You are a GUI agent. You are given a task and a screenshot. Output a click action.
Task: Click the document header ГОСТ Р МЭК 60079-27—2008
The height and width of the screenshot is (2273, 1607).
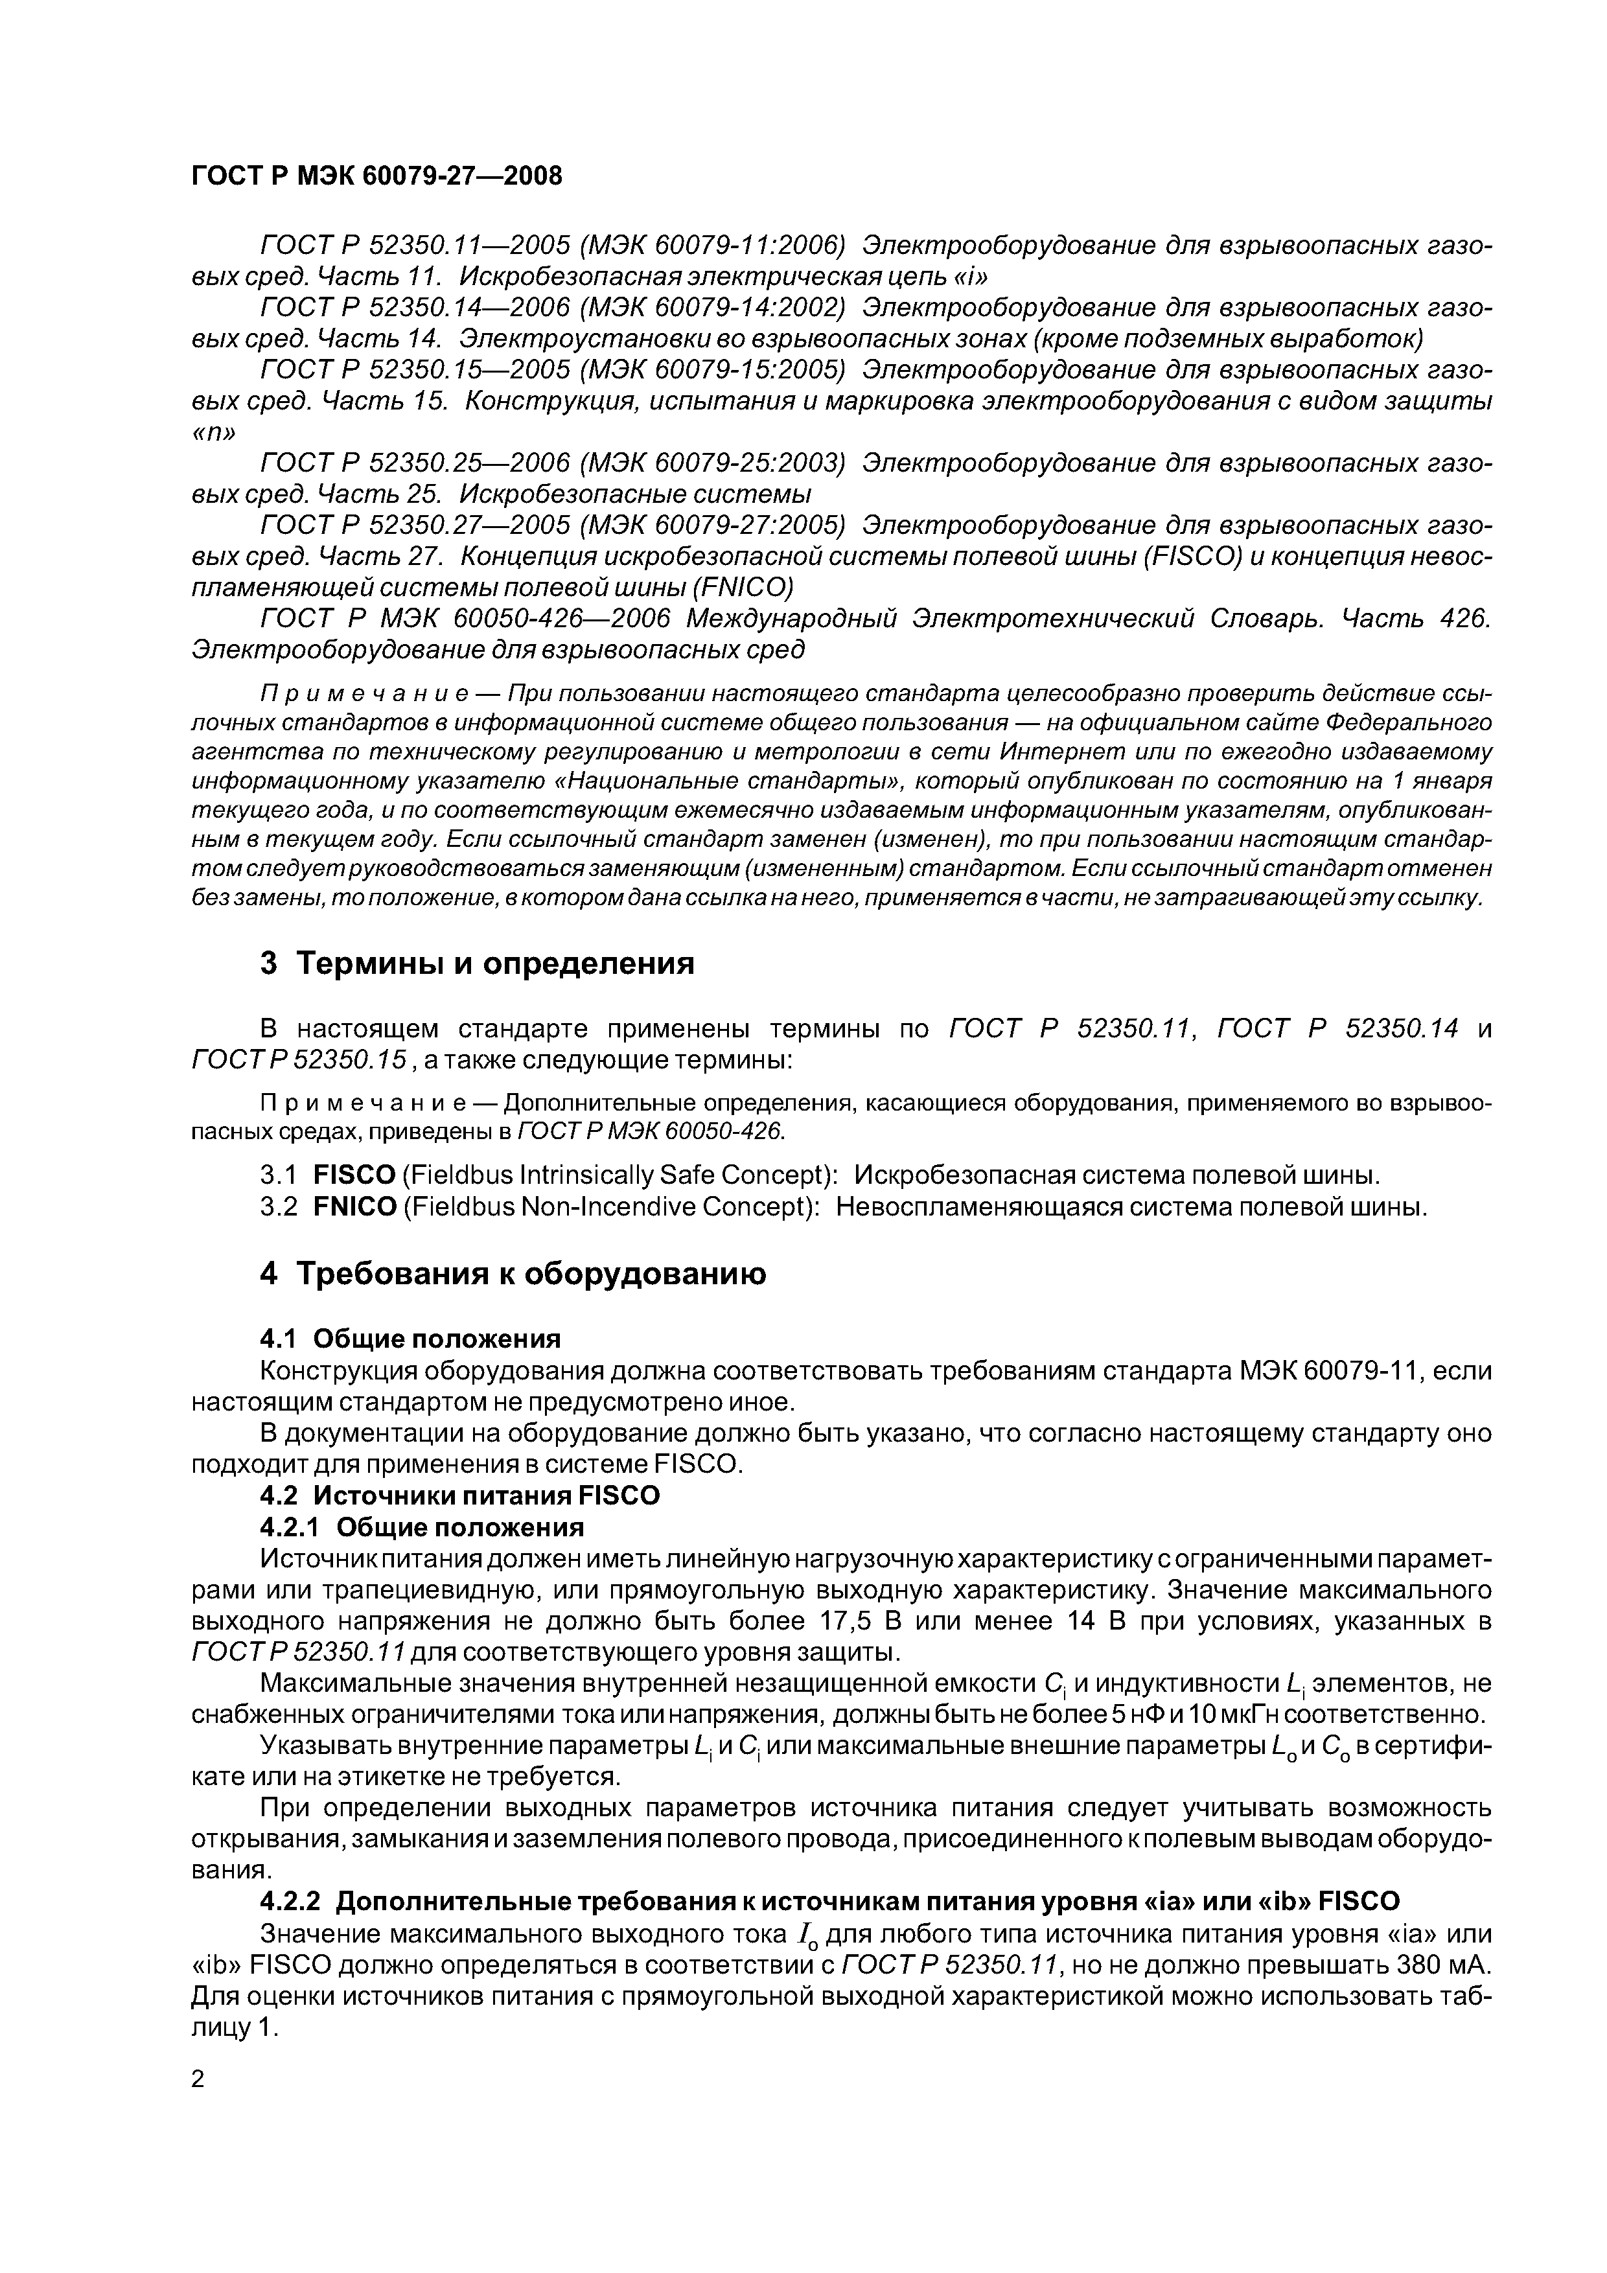(376, 177)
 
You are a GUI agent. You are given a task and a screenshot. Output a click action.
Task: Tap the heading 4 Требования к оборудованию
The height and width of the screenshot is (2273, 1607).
(513, 1273)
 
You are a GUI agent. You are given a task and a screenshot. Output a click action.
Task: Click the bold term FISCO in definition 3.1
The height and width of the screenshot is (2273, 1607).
(354, 1176)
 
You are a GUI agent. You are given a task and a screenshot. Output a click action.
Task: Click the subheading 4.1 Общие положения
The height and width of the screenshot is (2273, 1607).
(410, 1339)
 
